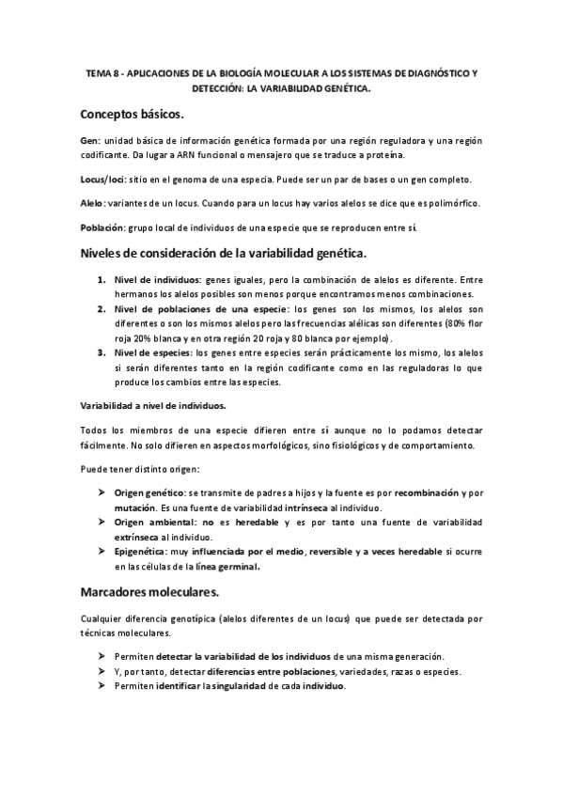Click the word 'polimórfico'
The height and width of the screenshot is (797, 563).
point(452,204)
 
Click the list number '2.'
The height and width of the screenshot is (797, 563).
point(101,310)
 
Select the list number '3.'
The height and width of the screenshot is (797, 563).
point(101,352)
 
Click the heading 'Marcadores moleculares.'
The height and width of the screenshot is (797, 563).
point(150,593)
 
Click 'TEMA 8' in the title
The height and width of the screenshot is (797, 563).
point(102,72)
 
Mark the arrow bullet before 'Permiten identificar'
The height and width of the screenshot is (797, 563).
point(102,686)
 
